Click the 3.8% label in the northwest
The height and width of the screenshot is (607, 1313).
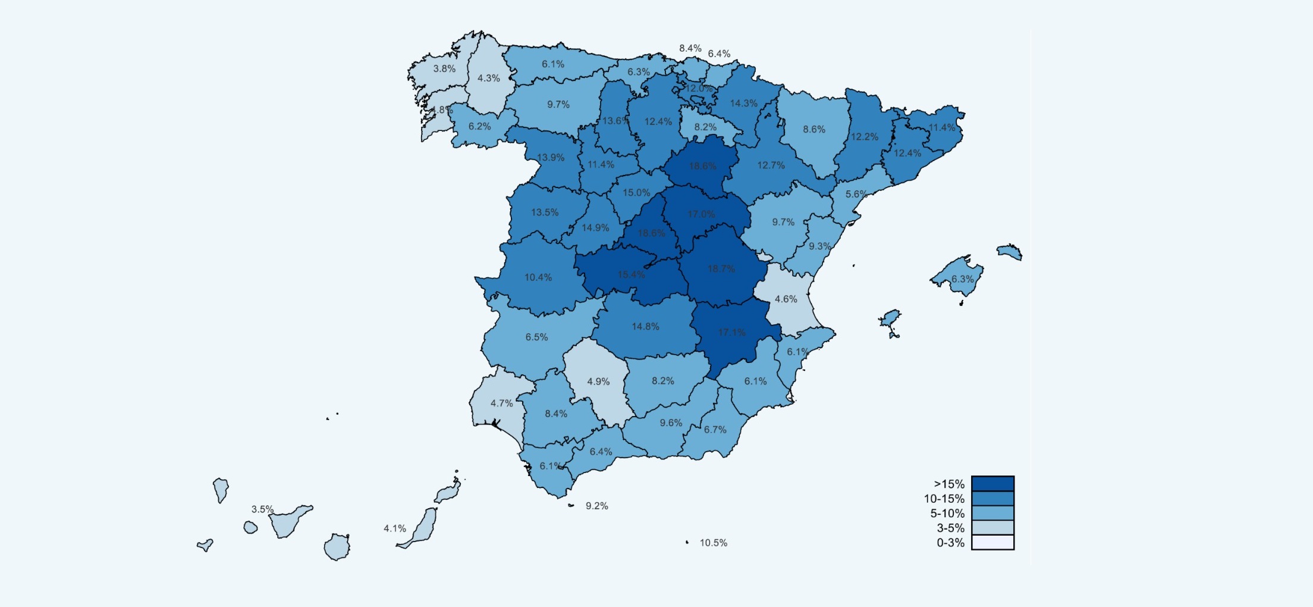click(444, 68)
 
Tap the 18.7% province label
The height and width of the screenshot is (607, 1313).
click(721, 269)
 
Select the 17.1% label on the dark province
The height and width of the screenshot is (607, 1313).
click(731, 333)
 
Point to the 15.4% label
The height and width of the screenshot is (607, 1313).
click(631, 274)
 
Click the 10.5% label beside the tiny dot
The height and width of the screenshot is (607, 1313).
click(713, 543)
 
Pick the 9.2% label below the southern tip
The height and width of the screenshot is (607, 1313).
click(596, 506)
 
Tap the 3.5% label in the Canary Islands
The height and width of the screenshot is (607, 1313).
click(262, 509)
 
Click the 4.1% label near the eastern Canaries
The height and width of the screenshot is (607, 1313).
click(395, 528)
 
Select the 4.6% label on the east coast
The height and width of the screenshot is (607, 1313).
click(786, 299)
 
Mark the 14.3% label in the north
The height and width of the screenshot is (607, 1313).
click(744, 104)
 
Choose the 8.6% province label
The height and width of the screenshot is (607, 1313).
click(814, 129)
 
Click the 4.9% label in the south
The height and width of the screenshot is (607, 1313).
click(598, 381)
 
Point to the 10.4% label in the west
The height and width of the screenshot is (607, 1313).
click(538, 277)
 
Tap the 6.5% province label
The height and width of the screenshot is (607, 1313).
click(536, 337)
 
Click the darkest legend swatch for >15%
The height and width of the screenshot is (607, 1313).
click(992, 483)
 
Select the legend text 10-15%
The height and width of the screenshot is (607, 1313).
click(944, 499)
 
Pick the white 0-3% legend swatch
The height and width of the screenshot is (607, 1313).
click(992, 542)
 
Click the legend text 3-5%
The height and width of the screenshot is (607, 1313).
click(950, 528)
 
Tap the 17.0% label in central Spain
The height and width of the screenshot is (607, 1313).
click(701, 214)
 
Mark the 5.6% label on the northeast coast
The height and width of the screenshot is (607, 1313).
click(856, 194)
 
